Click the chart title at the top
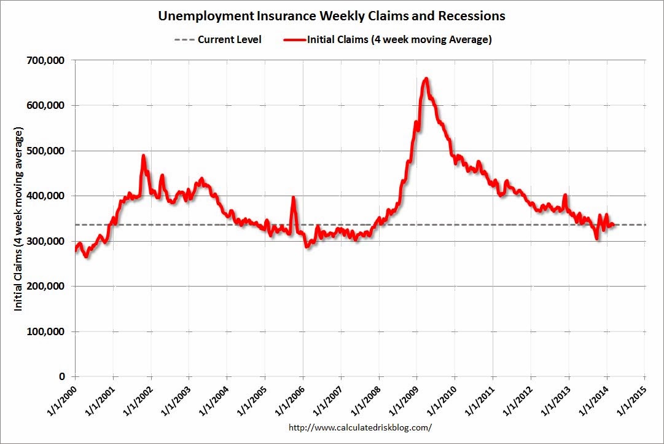pos(332,15)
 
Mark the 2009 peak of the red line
pos(426,79)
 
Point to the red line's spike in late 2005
pos(293,197)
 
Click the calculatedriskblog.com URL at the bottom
pos(360,427)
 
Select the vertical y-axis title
pos(19,220)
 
